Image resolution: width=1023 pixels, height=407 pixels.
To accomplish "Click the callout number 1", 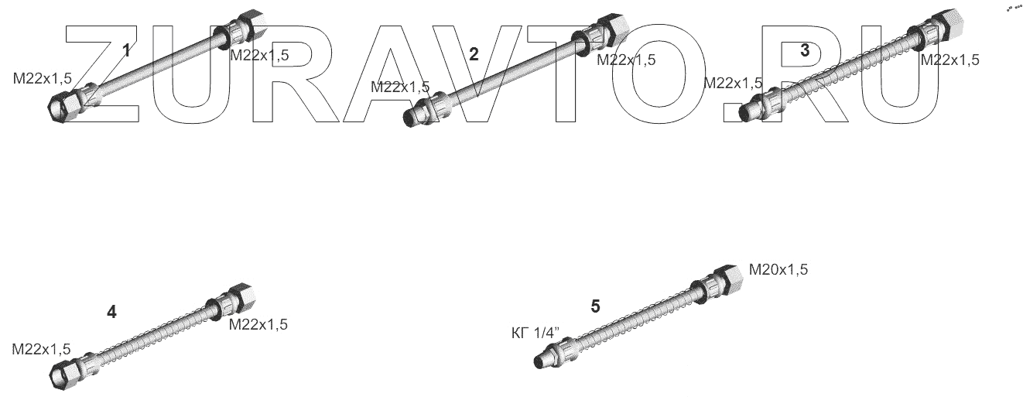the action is [x=127, y=50].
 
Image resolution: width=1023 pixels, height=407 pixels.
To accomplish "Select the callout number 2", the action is [x=474, y=54].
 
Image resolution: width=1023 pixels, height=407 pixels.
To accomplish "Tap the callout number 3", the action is [x=805, y=50].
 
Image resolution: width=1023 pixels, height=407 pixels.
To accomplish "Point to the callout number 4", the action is [x=111, y=312].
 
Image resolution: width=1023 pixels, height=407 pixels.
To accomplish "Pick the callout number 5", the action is [x=595, y=306].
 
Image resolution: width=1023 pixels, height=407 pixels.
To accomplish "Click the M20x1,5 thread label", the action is [x=778, y=269].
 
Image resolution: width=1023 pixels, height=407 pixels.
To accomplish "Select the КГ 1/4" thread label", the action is [x=535, y=333].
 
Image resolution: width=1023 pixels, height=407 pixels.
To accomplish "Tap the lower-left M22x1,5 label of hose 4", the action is [x=41, y=350].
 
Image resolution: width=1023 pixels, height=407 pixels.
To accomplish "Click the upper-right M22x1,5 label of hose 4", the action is [x=258, y=325].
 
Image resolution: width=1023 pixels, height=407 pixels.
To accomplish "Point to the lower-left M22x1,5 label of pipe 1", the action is [x=42, y=79].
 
